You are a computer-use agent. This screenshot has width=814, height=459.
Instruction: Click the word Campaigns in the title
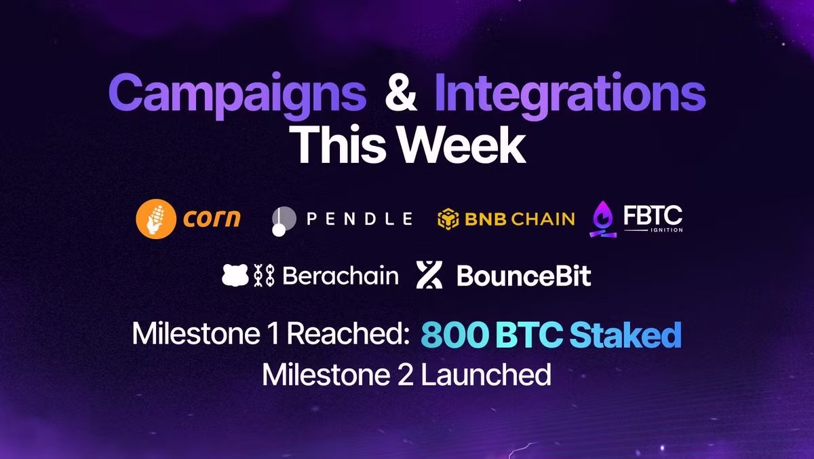[x=237, y=95]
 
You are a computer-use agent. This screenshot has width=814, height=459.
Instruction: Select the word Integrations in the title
[x=570, y=95]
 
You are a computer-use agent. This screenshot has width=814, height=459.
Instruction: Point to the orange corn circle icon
[x=156, y=219]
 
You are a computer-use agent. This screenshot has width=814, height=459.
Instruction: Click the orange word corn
[x=212, y=218]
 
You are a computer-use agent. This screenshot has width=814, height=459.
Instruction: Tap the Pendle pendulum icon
[x=284, y=221]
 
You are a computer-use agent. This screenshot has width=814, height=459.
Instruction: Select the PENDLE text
[x=360, y=219]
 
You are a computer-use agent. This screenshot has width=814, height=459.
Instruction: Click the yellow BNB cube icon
[x=448, y=219]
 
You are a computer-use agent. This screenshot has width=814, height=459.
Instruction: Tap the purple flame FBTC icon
[x=603, y=219]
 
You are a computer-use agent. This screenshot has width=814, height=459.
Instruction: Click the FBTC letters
[x=653, y=215]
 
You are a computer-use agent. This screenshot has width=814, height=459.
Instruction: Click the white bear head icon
[x=235, y=275]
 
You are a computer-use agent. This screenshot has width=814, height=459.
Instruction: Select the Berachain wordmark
[x=341, y=276]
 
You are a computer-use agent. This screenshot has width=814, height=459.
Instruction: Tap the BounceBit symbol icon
[x=429, y=274]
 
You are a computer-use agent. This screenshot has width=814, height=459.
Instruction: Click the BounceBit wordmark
[x=524, y=276]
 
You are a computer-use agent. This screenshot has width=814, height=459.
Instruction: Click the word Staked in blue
[x=625, y=334]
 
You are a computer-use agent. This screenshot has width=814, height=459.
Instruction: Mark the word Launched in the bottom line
[x=486, y=375]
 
